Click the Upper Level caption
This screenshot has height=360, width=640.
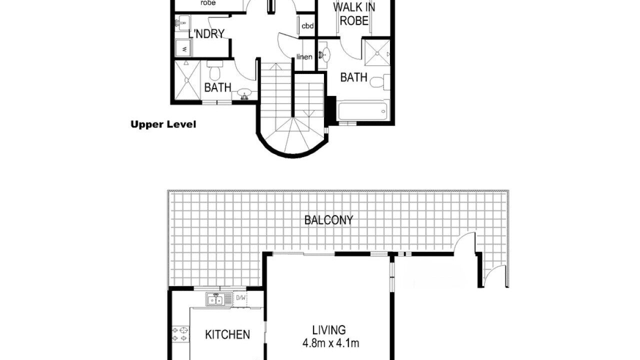[163, 124]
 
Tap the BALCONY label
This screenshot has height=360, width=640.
[328, 220]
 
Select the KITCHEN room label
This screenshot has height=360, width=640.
[227, 334]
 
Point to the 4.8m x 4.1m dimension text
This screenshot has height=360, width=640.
[331, 343]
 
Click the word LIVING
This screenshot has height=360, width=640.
[329, 330]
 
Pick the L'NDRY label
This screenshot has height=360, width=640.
[206, 34]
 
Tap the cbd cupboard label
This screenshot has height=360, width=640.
[307, 26]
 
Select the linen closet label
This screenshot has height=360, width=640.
[304, 57]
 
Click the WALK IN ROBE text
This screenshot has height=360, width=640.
[354, 13]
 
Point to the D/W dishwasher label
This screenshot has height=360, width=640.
[240, 298]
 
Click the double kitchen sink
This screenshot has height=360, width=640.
[215, 299]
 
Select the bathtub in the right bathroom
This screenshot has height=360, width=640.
[363, 111]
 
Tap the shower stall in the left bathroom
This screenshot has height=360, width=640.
[187, 80]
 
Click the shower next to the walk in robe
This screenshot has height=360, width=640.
[377, 53]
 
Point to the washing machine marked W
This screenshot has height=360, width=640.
[183, 48]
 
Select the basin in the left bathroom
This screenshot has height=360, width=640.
[244, 94]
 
